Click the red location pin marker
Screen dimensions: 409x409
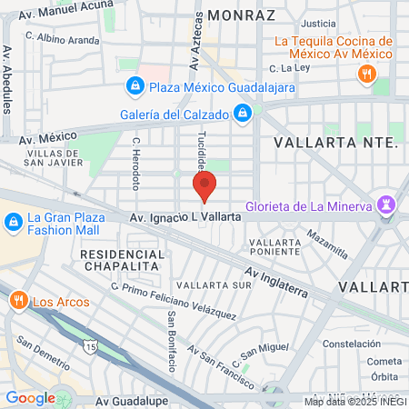[204, 185]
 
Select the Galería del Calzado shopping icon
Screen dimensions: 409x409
[243, 114]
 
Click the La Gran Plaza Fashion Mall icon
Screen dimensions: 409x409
[14, 222]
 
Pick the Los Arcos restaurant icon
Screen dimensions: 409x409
[18, 299]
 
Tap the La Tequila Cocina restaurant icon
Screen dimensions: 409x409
[368, 75]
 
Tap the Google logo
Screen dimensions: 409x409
[29, 397]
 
